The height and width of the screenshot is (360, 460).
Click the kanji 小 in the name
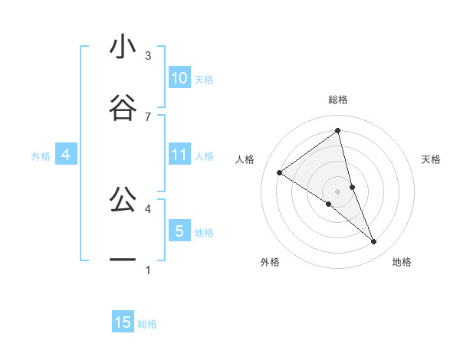[x=123, y=47]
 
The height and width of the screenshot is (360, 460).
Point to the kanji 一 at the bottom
[x=123, y=260]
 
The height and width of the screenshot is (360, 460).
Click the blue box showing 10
[x=179, y=78]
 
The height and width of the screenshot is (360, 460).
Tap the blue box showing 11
[x=179, y=155]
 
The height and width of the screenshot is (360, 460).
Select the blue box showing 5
[x=179, y=231]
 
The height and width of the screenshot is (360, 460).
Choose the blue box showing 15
[x=123, y=322]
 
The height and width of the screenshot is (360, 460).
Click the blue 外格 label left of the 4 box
[x=41, y=156]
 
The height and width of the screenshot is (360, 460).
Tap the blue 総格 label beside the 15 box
[x=147, y=324]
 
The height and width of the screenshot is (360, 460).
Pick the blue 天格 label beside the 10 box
[x=204, y=80]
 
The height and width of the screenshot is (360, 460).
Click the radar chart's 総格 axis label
[x=338, y=100]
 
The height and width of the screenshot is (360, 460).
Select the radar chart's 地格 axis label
[x=402, y=262]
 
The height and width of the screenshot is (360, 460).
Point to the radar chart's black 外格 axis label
[x=270, y=262]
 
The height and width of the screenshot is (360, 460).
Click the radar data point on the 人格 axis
[x=280, y=172]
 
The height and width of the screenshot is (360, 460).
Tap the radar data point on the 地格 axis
[x=374, y=242]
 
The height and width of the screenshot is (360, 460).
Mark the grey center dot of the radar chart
[x=338, y=191]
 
